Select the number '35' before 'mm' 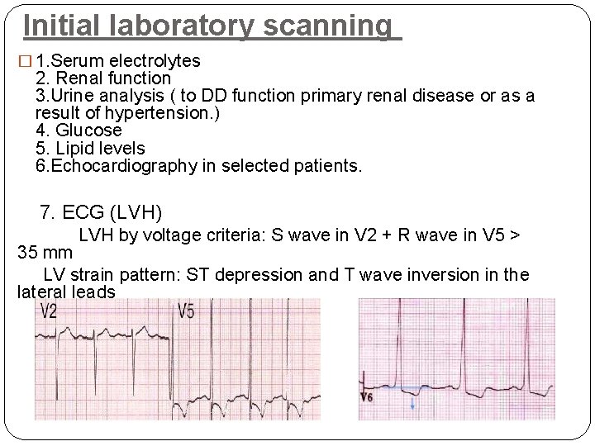coord(28,253)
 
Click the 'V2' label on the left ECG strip coord(49,311)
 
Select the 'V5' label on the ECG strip coord(187,311)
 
